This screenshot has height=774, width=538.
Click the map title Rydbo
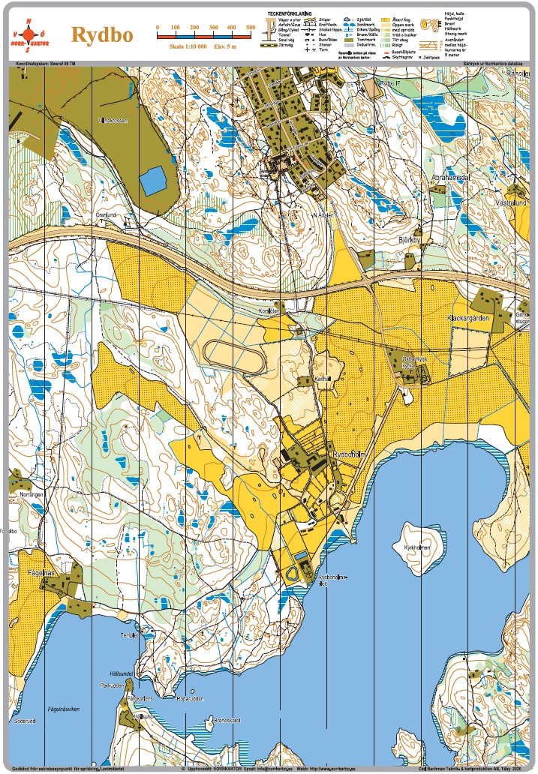pos(102,34)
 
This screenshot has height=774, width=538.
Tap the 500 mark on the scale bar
pos(251,28)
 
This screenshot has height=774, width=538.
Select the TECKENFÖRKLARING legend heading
pos(292,13)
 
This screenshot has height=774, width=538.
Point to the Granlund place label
pos(107,214)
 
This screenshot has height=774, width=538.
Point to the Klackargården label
pos(468,318)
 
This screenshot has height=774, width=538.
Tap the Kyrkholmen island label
pos(416,547)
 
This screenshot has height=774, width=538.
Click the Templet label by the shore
pos(129,635)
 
